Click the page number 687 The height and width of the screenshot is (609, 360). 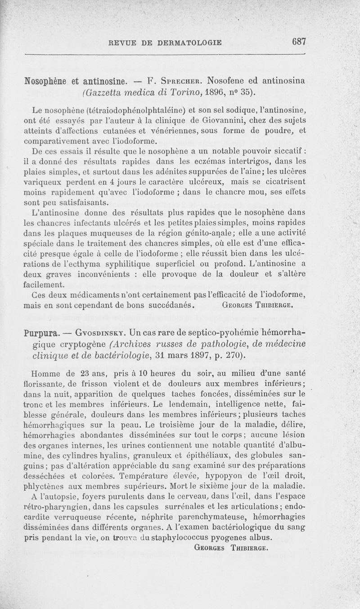coord(299,41)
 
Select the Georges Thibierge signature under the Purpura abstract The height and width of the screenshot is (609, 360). coord(231,548)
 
